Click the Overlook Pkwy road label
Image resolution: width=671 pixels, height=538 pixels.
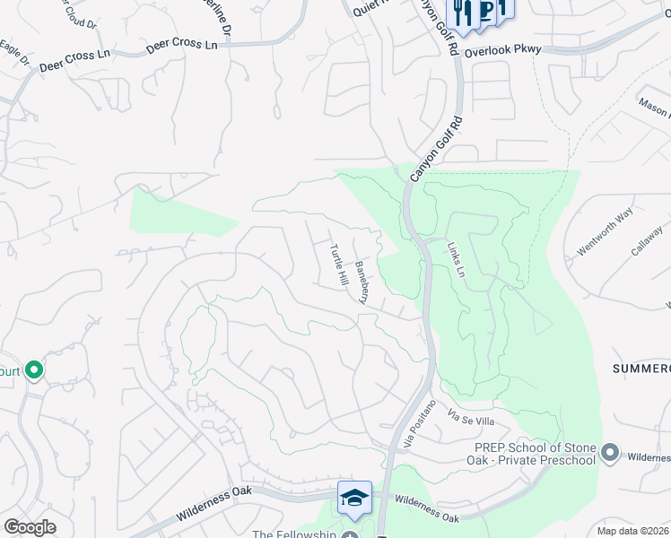[502, 50]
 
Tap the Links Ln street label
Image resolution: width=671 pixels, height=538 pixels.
[457, 257]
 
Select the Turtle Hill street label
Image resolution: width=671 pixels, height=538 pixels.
[338, 265]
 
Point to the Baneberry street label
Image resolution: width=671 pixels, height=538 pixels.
[361, 282]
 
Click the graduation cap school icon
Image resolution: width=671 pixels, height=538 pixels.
[354, 497]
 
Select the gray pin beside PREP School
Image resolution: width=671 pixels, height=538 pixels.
[611, 452]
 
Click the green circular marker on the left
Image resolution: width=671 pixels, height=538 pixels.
[34, 369]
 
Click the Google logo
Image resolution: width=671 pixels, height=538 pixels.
[30, 527]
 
